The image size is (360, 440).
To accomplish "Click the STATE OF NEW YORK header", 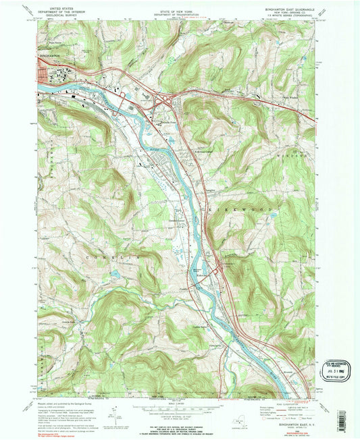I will tap(179, 8).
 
